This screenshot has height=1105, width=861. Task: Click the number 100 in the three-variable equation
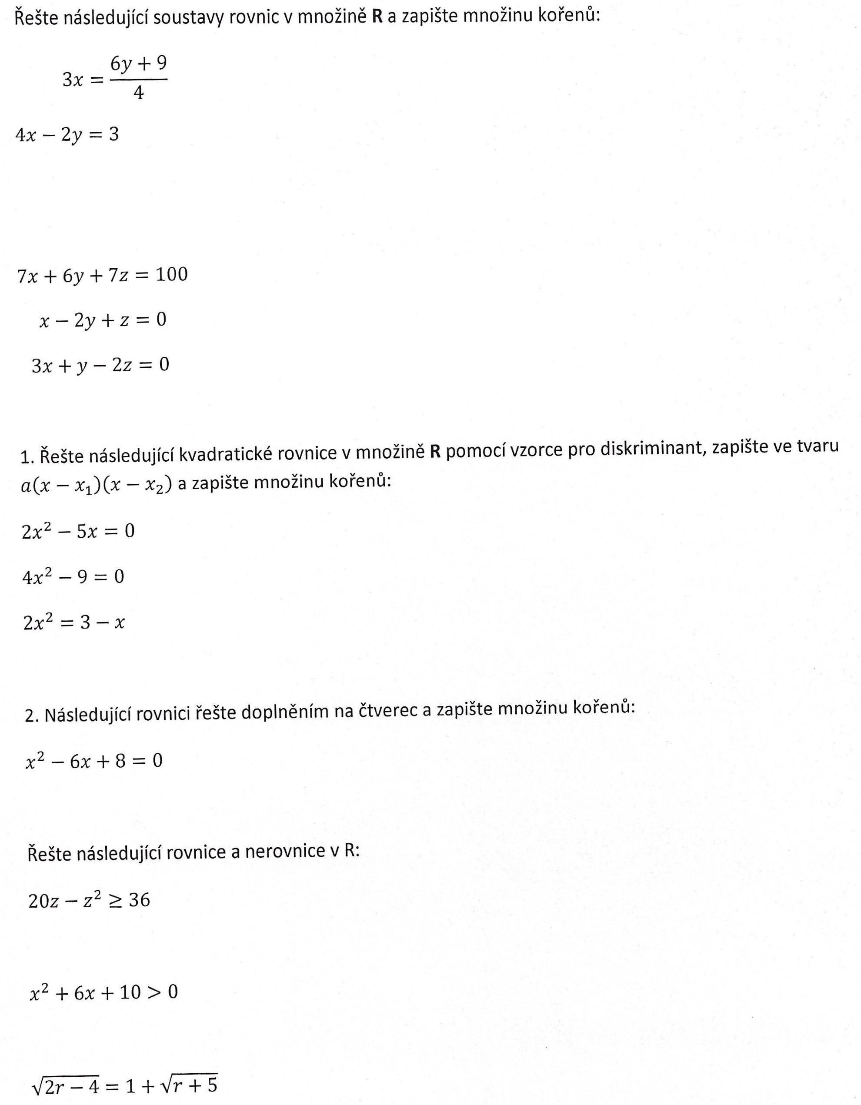tap(172, 275)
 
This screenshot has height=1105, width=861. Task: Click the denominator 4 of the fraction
tap(139, 93)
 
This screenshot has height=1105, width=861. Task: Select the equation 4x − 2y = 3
tap(67, 135)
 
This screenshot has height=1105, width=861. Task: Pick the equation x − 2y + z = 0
tap(103, 320)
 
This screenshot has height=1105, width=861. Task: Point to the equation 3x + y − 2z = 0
tap(100, 365)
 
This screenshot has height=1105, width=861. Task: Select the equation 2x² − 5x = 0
tap(78, 531)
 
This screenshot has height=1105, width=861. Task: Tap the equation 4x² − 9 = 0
tap(73, 577)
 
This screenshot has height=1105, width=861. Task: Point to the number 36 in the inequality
tap(139, 900)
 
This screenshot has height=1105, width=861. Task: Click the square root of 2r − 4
tap(65, 1084)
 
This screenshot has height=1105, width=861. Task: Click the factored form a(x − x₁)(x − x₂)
tap(96, 485)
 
